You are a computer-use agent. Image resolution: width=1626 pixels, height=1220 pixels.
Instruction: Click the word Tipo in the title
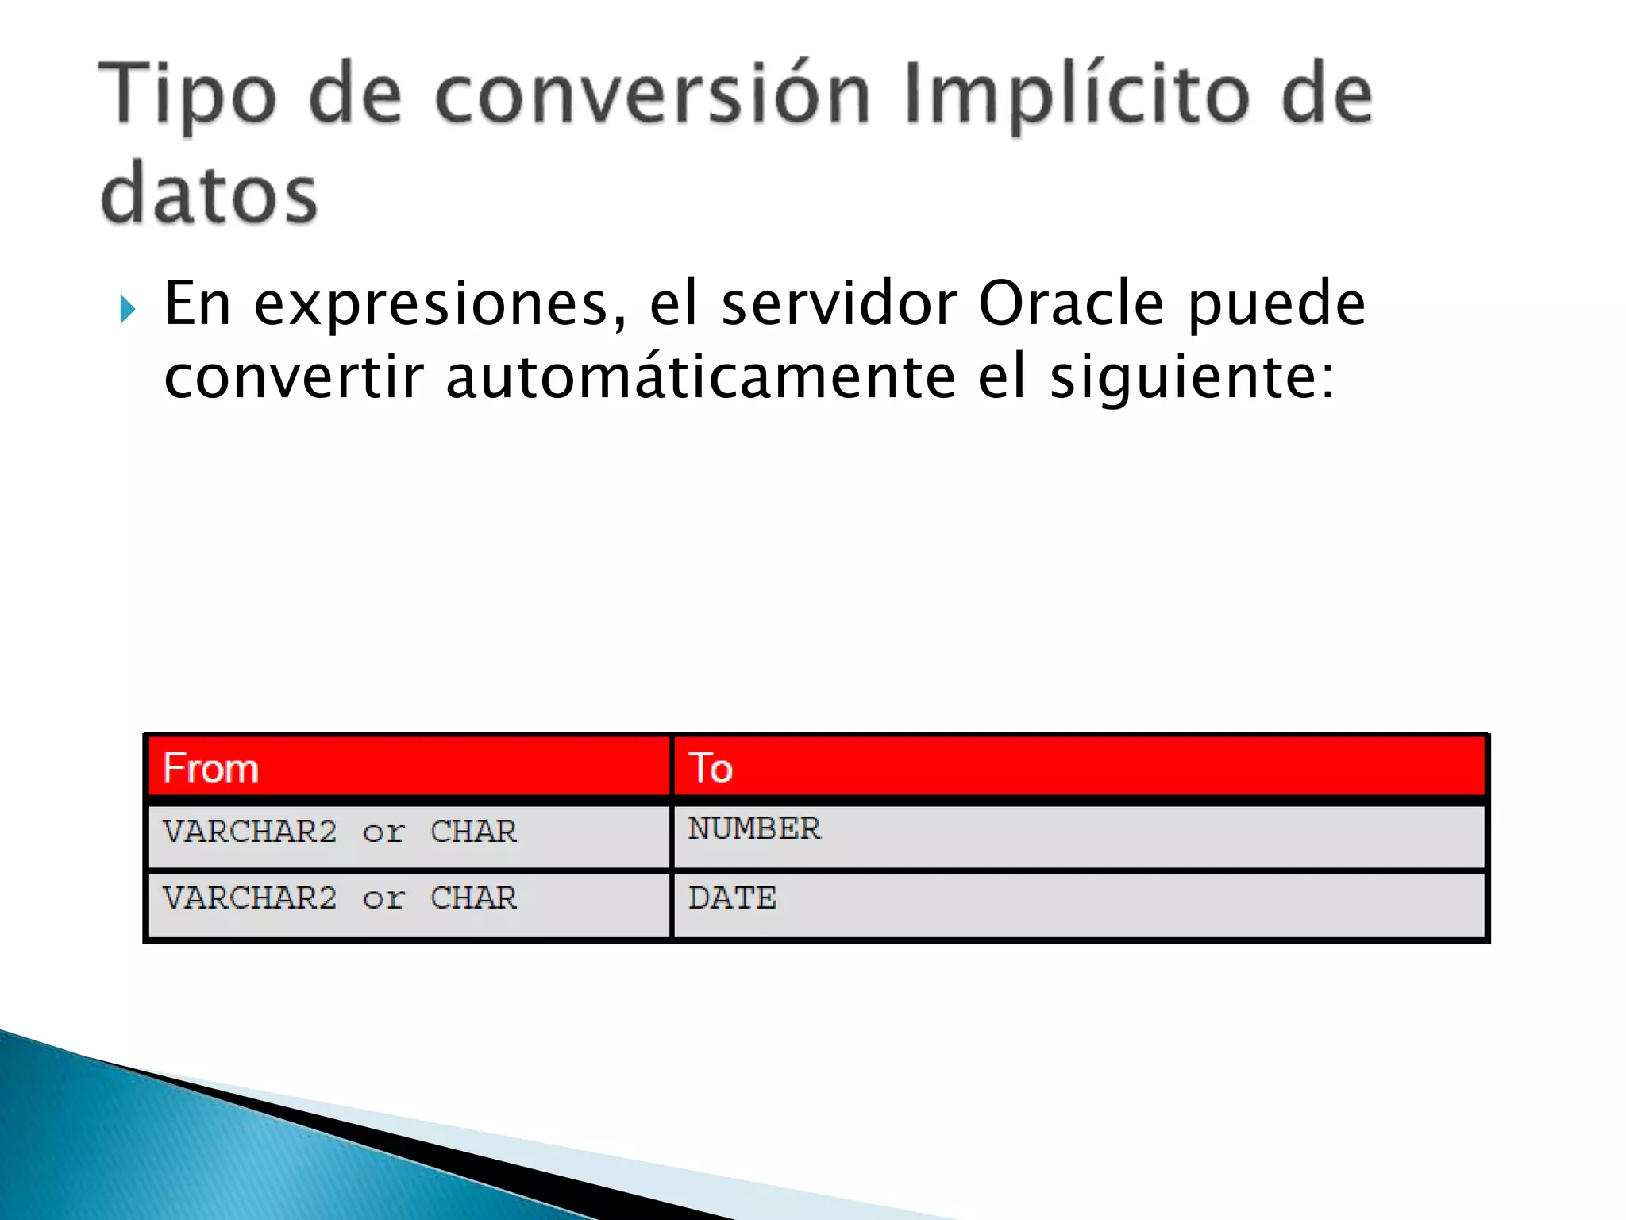[187, 95]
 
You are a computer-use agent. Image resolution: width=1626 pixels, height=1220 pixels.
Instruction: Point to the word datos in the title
[210, 194]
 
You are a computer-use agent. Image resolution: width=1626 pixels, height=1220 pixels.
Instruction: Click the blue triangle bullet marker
[128, 309]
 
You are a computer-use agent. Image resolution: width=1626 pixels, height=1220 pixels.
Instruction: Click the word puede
[1277, 305]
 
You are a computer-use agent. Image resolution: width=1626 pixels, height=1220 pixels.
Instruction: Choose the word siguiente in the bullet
[1191, 378]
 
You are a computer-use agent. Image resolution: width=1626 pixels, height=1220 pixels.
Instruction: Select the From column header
[211, 768]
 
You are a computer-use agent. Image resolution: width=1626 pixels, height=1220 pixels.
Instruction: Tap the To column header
[711, 768]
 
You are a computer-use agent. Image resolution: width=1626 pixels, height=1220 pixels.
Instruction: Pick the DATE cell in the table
[732, 898]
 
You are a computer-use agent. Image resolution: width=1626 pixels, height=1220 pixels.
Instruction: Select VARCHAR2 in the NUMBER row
[250, 832]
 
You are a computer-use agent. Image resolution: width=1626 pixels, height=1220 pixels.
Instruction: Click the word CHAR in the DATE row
[473, 898]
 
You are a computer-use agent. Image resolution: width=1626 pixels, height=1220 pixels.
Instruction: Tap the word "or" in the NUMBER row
[383, 832]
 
